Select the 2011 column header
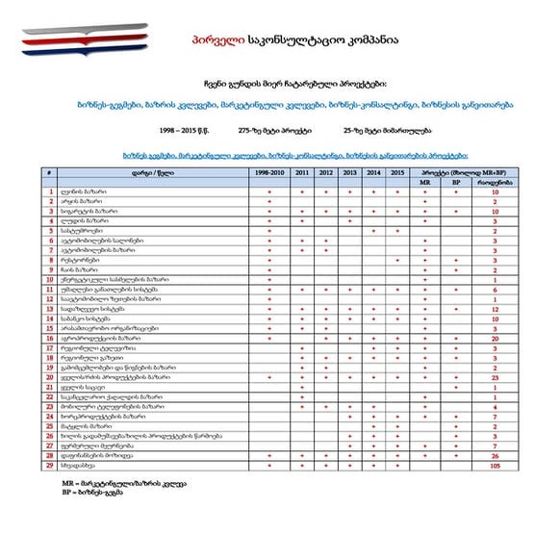click(x=302, y=171)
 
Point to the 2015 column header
click(x=397, y=171)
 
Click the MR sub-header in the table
click(x=425, y=181)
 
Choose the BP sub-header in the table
click(x=455, y=181)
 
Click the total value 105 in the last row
click(x=495, y=466)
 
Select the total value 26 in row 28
click(x=495, y=456)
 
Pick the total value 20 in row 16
click(x=495, y=339)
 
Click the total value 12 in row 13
click(x=495, y=310)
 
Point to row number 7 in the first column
click(x=49, y=250)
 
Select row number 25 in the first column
click(x=49, y=427)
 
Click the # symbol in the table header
click(x=49, y=171)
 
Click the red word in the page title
click(x=212, y=40)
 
